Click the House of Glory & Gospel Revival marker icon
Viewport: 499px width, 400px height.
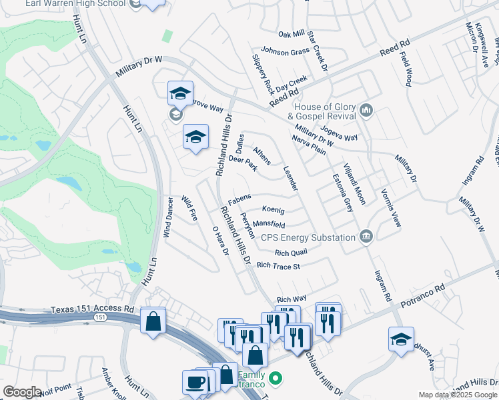[x=365, y=110]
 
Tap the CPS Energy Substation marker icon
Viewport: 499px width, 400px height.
[x=366, y=237]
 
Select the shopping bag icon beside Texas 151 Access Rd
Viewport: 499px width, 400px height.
[x=153, y=321]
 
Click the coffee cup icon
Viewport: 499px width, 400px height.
[x=195, y=382]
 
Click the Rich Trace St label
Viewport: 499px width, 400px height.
[x=279, y=266]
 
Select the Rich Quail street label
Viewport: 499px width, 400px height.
[x=291, y=253]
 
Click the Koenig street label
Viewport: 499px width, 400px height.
[x=273, y=210]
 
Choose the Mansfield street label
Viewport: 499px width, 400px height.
[x=269, y=225]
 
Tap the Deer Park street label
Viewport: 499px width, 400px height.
[x=243, y=163]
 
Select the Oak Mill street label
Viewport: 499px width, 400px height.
[x=291, y=35]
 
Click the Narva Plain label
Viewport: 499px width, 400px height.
[x=309, y=145]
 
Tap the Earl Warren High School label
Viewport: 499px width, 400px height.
[x=75, y=3]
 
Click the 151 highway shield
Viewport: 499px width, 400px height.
[x=99, y=318]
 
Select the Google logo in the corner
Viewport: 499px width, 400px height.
[x=22, y=392]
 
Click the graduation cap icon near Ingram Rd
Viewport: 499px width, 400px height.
[x=401, y=339]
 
